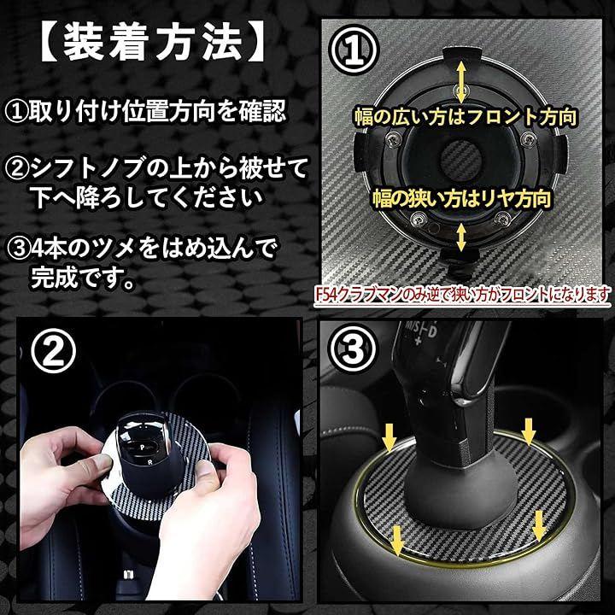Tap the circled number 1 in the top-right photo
click(x=354, y=50)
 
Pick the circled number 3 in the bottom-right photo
click(x=353, y=348)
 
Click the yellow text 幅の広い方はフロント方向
click(x=466, y=116)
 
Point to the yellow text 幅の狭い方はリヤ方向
click(x=461, y=198)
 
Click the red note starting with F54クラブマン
click(x=462, y=295)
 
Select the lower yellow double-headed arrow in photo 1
click(x=461, y=237)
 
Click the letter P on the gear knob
click(x=142, y=447)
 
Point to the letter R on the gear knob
click(x=149, y=463)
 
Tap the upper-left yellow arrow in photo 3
click(x=389, y=436)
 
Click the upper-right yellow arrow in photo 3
click(x=529, y=431)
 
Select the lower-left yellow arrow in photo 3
click(x=397, y=541)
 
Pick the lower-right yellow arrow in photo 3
click(x=539, y=525)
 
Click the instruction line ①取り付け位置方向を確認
click(x=146, y=111)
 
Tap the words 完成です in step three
click(x=75, y=278)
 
